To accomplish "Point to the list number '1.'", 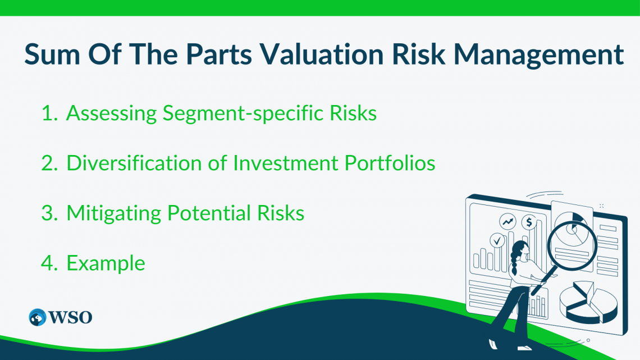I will coord(50,113).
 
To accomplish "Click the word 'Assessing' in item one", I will coord(112,113).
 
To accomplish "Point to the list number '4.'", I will coord(50,263).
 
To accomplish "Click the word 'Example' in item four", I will coord(106,263).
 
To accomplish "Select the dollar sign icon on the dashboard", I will coord(528,222).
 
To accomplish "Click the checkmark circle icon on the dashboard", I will coord(497,241).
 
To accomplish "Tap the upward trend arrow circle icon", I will coord(509,222).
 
